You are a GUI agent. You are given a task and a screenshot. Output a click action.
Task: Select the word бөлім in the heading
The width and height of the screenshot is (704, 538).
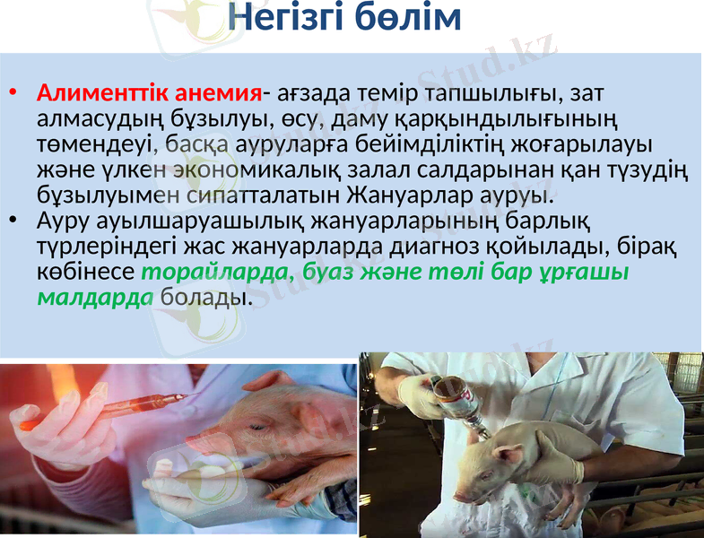[408, 17]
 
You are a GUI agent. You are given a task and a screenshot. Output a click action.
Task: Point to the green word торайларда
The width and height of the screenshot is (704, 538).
[217, 271]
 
